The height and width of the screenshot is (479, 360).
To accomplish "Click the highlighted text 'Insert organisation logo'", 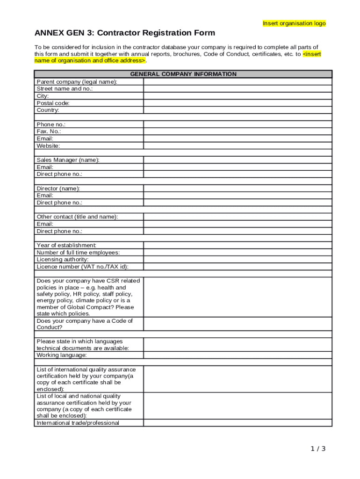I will (294, 23).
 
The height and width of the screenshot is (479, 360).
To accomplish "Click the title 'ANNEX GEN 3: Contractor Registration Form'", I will (125, 33).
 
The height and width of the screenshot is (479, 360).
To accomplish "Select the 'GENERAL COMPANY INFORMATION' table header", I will (183, 74).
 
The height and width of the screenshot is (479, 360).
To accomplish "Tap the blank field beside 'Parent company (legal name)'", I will (238, 81).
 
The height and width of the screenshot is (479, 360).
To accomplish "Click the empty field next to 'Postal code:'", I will (238, 103).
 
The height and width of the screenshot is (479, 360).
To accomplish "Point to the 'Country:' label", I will (48, 110).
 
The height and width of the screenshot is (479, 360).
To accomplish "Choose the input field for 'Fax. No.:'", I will (238, 131).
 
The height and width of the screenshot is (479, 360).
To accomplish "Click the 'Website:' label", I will (48, 145).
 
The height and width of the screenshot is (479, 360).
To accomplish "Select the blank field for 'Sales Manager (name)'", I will (238, 160).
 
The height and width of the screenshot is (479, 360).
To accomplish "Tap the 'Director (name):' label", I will (58, 189).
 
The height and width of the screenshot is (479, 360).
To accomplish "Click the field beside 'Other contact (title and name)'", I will (238, 217).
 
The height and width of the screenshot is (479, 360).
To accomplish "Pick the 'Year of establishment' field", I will (238, 245).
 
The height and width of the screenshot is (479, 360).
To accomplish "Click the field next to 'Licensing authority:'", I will (238, 260).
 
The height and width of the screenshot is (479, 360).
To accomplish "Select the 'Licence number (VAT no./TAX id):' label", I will (82, 267).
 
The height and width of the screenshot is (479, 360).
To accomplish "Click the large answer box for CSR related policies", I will (238, 297).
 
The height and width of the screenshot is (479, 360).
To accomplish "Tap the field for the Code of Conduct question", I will (238, 324).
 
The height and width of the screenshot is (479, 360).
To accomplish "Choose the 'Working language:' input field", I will (238, 355).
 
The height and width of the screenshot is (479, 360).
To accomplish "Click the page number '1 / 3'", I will (318, 449).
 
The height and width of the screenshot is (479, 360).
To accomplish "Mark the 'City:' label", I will (43, 96).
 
